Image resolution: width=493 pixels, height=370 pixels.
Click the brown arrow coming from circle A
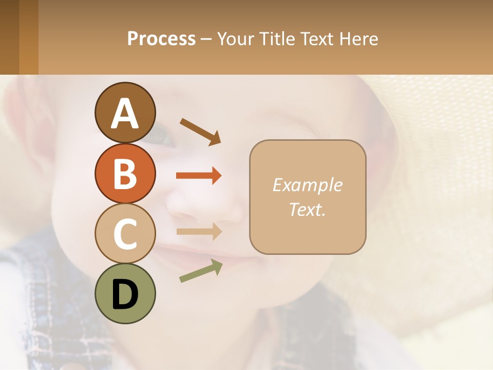(200, 131)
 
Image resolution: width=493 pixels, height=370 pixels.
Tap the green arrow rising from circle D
(201, 271)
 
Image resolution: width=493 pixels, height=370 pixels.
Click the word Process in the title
(161, 39)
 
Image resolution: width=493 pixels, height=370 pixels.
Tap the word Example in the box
(307, 185)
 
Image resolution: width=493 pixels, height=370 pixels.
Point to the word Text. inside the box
(307, 209)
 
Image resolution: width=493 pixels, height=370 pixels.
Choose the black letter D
(125, 294)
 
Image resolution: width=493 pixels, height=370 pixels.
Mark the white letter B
(125, 174)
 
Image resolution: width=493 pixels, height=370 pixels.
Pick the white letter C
(125, 234)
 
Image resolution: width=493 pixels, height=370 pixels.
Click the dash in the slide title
(206, 39)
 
